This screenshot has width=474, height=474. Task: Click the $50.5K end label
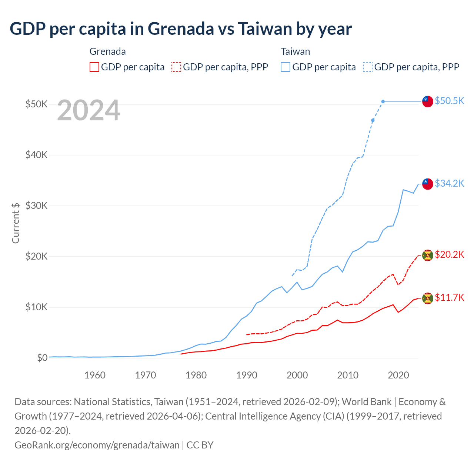(x=449, y=101)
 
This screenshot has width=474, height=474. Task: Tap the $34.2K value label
(x=449, y=183)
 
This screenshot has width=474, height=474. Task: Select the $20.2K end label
(x=449, y=254)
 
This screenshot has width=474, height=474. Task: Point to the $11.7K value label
(x=449, y=297)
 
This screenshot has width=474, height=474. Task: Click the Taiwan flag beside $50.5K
(x=428, y=101)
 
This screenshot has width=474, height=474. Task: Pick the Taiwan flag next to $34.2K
(x=428, y=183)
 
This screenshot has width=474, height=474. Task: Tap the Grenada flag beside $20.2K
(x=428, y=256)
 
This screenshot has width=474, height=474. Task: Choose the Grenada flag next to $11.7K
(x=428, y=298)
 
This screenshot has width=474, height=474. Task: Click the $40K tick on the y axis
(x=36, y=155)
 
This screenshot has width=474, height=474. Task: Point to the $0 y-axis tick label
(x=42, y=358)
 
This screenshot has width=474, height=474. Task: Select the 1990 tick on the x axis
(x=247, y=375)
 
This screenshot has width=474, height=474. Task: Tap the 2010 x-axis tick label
(x=348, y=375)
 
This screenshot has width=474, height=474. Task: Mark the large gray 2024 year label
(x=89, y=110)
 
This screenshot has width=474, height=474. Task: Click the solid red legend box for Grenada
(x=94, y=67)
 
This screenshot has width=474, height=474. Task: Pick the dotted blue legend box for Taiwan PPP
(x=368, y=67)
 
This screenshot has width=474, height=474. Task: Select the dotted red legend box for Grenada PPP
(x=176, y=67)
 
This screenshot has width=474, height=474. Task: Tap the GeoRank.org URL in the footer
(x=97, y=445)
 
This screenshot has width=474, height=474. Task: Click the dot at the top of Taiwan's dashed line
(x=383, y=101)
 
